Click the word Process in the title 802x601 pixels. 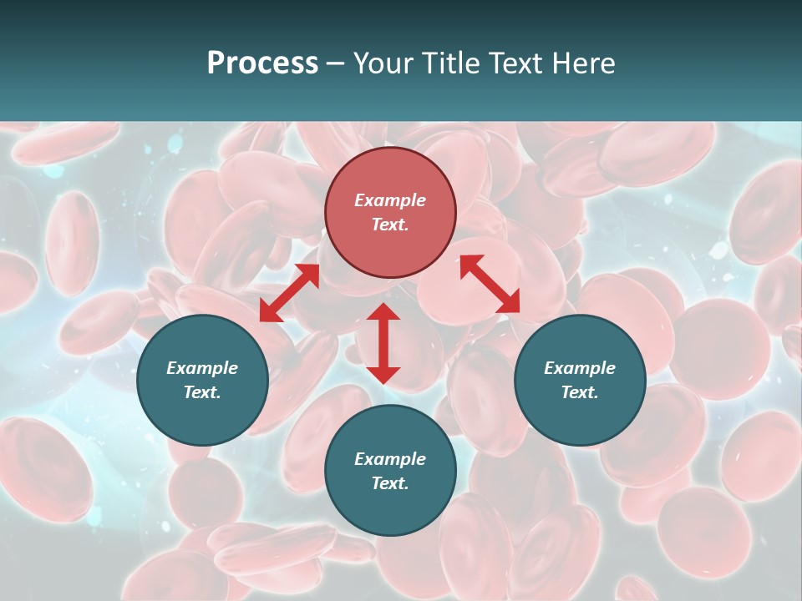pos(262,63)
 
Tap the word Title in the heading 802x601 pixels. pos(454,63)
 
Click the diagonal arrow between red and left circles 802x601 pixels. pos(289,292)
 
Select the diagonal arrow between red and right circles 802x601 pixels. pos(490,284)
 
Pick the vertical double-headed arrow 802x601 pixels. pos(383,343)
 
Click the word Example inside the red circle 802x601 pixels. pos(390,200)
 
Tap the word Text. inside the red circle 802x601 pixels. pos(390,225)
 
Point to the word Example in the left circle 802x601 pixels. pos(202,368)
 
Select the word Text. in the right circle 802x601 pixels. pos(580,392)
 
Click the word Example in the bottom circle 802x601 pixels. pos(390,459)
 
